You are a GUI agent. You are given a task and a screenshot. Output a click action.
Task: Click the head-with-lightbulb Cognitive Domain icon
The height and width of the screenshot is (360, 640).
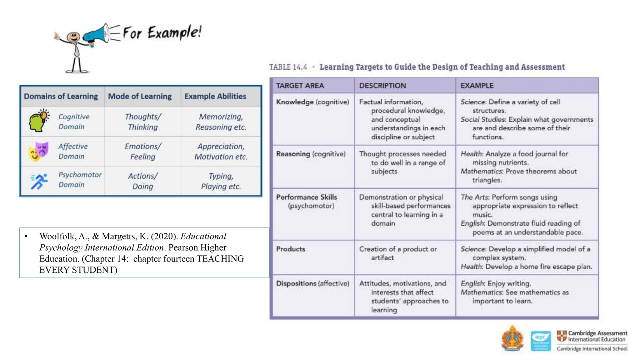(x=39, y=121)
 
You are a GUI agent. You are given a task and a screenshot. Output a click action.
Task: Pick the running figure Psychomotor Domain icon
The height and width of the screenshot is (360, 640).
(x=39, y=181)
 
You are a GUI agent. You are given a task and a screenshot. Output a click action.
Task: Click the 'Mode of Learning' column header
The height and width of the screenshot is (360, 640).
(x=140, y=96)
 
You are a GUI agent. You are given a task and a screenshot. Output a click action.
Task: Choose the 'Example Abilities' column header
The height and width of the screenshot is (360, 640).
(x=215, y=96)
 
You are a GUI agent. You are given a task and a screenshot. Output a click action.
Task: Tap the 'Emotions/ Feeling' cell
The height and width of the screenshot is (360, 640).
(x=143, y=151)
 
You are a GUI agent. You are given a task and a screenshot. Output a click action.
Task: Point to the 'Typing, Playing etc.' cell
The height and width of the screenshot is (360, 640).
(x=221, y=181)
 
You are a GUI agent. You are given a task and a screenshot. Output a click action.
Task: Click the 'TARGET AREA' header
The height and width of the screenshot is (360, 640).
(x=300, y=86)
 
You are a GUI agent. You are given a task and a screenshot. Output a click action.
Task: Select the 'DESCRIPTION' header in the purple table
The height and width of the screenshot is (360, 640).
(x=382, y=86)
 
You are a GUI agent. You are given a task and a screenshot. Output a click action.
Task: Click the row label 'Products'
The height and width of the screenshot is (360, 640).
(x=290, y=249)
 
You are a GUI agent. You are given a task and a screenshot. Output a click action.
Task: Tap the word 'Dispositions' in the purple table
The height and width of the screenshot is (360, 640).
(x=296, y=283)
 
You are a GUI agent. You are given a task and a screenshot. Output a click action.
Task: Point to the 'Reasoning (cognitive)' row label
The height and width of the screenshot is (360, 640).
(x=311, y=154)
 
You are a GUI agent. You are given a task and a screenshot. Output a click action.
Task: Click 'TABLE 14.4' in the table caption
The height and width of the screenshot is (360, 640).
(x=288, y=67)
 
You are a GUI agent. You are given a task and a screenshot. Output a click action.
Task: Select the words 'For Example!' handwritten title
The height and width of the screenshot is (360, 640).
(x=162, y=32)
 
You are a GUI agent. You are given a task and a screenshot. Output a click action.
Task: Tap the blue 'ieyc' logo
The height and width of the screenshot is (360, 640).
(x=541, y=341)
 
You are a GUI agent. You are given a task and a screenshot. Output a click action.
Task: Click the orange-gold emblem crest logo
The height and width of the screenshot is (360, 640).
(x=512, y=339)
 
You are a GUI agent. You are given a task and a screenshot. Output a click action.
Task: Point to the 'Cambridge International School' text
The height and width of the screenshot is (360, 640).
(x=592, y=349)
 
